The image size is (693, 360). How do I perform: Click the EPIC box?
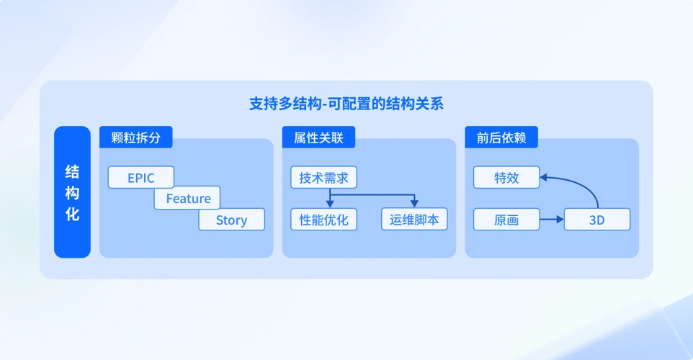(x=140, y=178)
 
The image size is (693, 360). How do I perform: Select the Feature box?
(x=187, y=199)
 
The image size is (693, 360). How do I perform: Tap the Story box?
(x=231, y=220)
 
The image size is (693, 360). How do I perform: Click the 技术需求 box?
(x=323, y=178)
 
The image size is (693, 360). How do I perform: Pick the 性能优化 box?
(x=323, y=220)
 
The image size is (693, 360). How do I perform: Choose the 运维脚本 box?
(x=414, y=220)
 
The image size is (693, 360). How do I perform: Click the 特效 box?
(x=506, y=178)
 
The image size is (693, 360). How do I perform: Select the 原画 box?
(x=506, y=220)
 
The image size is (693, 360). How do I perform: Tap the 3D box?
(x=596, y=220)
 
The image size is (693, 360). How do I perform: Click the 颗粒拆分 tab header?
(x=136, y=138)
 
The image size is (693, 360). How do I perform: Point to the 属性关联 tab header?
(x=318, y=138)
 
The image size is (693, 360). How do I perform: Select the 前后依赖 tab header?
(x=501, y=138)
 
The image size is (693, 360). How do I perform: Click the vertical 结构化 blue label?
(x=72, y=192)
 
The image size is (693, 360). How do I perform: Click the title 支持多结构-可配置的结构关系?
(x=346, y=104)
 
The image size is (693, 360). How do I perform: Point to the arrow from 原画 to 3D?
(x=552, y=220)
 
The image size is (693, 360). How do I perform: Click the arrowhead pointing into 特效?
(x=545, y=176)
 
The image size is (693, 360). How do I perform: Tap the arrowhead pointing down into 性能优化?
(x=330, y=204)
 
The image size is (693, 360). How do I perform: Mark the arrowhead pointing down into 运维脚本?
(x=414, y=204)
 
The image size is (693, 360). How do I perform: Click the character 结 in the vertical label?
(x=72, y=171)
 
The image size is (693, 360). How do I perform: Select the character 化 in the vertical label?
(x=72, y=214)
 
